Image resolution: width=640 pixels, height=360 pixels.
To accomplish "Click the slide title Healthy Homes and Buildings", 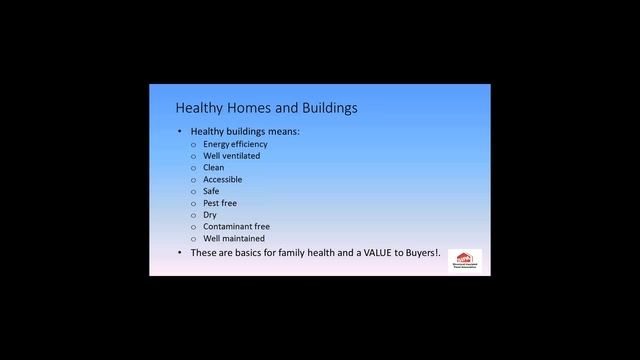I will point(266,107).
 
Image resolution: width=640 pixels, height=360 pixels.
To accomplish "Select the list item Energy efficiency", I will point(235,144).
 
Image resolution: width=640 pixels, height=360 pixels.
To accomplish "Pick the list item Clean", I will point(213,168).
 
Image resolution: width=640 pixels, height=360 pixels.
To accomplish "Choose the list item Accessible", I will point(222,180).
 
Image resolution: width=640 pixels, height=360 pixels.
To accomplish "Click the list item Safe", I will point(211,191).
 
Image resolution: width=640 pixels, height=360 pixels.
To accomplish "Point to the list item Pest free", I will point(219,203).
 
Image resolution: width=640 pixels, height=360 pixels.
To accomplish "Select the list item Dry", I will point(210,215).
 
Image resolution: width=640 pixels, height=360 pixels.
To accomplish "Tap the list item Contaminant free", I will point(236,227).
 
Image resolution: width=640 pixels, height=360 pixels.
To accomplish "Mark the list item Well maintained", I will point(233,239).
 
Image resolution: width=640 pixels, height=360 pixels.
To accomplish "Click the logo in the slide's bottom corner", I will point(464,259).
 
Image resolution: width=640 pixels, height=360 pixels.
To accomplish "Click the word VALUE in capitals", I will point(366,253).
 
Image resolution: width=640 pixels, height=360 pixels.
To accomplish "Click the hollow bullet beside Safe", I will point(193,192).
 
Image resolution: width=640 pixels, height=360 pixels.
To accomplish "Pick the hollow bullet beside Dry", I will point(193,215).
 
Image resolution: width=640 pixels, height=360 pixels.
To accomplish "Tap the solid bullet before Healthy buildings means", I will point(179,131).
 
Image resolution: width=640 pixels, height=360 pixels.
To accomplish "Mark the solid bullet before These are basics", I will point(179,253).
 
